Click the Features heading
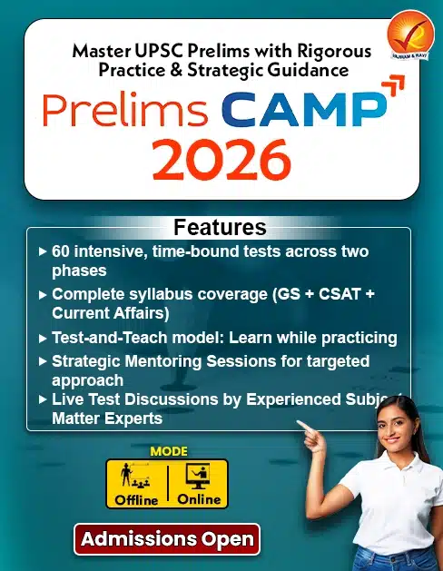pos(220,227)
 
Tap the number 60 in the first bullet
pos(62,251)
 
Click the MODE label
pos(167,450)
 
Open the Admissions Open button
pos(167,538)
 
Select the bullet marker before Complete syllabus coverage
pos(44,294)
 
